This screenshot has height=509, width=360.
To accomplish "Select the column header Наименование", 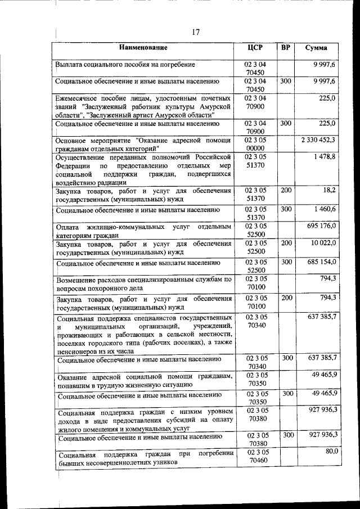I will [x=143, y=48].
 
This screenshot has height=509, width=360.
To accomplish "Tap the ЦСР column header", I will [x=256, y=47].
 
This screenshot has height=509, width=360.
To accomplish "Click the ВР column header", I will [x=285, y=47].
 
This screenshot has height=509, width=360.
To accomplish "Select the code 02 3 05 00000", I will [x=256, y=143].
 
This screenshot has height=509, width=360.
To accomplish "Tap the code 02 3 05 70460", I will [x=256, y=456].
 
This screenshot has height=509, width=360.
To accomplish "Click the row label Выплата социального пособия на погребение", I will [x=125, y=65].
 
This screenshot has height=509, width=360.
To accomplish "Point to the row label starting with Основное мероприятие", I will [x=144, y=144].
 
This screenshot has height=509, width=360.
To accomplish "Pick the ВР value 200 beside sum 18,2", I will [x=286, y=191].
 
